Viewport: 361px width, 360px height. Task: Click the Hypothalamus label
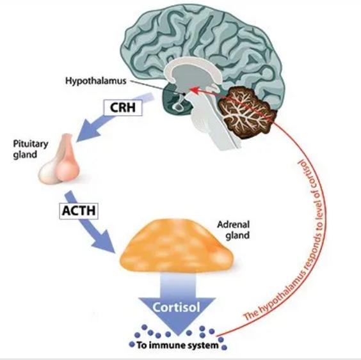[96, 81]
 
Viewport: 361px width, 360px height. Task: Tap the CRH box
[123, 107]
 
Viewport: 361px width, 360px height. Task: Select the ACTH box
[79, 211]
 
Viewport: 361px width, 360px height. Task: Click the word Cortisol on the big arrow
[177, 307]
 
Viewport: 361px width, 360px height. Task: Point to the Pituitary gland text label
[31, 149]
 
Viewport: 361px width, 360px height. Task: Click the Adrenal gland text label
[233, 230]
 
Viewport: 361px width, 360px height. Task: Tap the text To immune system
[177, 345]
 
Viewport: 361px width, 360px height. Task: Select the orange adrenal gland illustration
[177, 246]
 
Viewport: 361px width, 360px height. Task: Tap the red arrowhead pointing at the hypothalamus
[194, 90]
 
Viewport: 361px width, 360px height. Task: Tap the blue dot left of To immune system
[132, 345]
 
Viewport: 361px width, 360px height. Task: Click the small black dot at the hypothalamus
[184, 94]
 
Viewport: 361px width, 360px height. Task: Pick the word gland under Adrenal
[237, 235]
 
